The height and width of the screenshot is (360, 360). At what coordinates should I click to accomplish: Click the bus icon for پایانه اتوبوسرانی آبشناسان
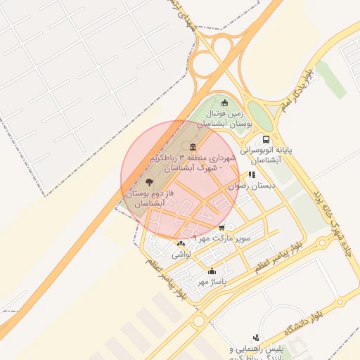coord(266,139)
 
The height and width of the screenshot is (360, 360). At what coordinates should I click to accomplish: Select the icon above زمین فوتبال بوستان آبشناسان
coord(225,103)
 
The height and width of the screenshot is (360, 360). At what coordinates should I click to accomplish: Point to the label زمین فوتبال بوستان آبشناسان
coord(229,117)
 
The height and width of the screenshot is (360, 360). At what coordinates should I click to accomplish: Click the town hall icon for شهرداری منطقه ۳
coord(192,147)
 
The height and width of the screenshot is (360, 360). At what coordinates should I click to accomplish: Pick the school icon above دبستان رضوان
coord(252,174)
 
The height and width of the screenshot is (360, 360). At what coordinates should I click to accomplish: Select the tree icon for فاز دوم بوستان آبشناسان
coord(147,183)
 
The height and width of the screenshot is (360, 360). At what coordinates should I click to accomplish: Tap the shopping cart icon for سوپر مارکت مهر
coord(222,227)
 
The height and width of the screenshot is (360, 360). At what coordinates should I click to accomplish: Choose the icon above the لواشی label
coord(181,243)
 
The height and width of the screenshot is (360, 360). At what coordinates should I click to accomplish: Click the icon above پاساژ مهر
coord(212,271)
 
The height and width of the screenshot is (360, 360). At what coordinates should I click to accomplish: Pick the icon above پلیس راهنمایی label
coord(256,337)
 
